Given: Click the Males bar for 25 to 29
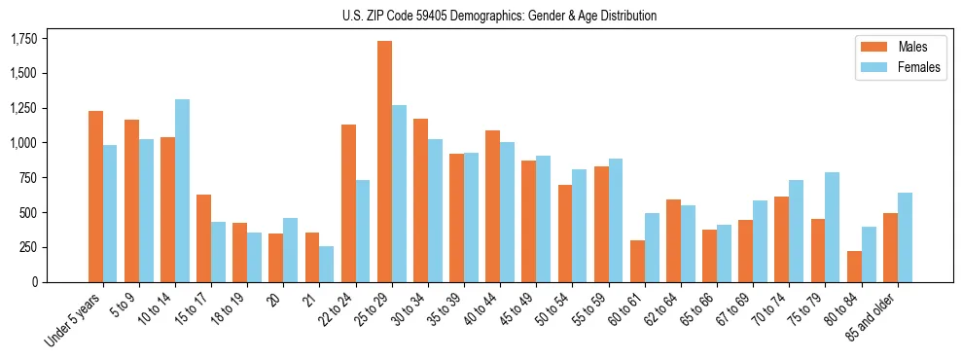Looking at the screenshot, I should [x=384, y=162].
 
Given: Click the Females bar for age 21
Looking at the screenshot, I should [x=327, y=264].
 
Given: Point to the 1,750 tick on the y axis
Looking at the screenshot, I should [x=23, y=39].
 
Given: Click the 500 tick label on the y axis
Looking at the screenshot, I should [x=29, y=213].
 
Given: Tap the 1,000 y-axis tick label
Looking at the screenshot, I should [x=23, y=143].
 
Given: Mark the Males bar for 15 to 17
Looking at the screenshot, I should [x=203, y=238].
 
